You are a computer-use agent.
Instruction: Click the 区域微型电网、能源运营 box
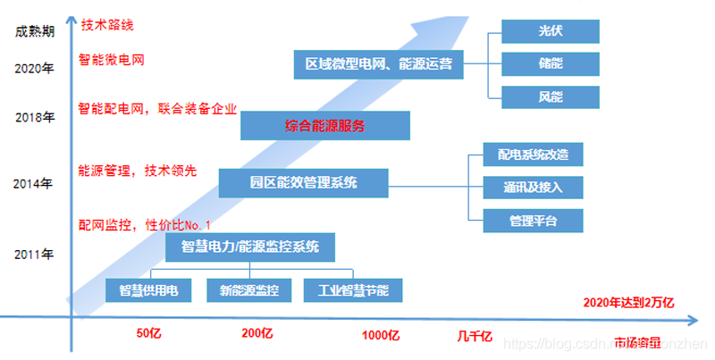click(378, 63)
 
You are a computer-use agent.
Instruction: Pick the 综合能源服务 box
click(324, 126)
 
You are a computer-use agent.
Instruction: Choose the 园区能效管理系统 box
click(303, 183)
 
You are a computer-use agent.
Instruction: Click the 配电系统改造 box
click(533, 154)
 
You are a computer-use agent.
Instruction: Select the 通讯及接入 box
click(533, 187)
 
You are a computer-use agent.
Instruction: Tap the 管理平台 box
click(533, 220)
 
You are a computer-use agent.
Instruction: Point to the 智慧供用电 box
click(148, 290)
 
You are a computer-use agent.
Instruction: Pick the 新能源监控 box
click(248, 290)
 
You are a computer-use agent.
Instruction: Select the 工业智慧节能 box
click(352, 290)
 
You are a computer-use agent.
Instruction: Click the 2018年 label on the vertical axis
click(36, 116)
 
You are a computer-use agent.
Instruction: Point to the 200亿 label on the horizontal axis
click(257, 334)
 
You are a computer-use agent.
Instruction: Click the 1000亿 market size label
click(380, 335)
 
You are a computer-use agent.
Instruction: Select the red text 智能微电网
click(112, 61)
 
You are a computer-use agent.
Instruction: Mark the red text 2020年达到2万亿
click(628, 303)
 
